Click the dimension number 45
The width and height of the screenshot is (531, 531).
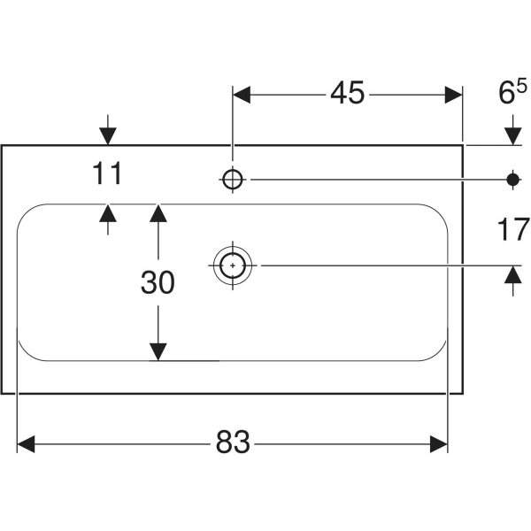click(348, 93)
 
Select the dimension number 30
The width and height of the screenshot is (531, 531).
click(158, 282)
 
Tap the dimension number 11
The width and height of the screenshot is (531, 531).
click(108, 174)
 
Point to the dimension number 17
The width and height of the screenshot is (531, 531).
click(511, 230)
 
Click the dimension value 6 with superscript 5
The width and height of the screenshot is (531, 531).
click(507, 93)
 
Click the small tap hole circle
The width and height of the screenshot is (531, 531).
click(232, 179)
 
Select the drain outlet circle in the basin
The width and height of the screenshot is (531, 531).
click(232, 264)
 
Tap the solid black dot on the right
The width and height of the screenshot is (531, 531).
click(512, 179)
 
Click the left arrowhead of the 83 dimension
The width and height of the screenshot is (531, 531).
click(26, 442)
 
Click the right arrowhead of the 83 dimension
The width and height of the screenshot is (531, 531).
click(439, 442)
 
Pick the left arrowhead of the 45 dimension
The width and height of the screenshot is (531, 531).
click(242, 93)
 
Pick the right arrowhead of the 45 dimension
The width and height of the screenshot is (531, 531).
click(453, 93)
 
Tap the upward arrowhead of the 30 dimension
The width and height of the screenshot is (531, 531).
click(158, 213)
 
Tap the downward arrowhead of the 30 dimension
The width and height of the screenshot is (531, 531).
click(158, 351)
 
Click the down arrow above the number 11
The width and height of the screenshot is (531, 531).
click(108, 135)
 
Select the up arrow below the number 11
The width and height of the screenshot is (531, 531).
click(108, 213)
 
